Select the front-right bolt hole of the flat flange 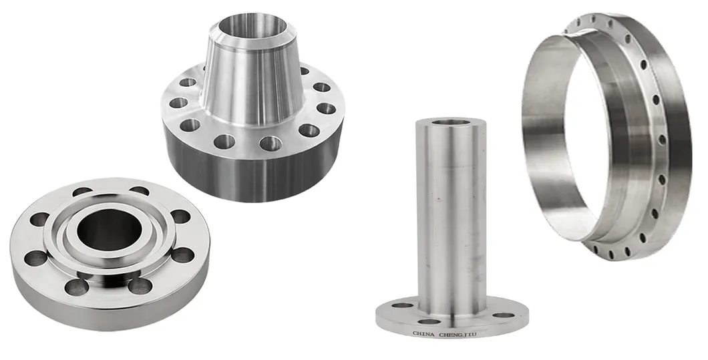141,286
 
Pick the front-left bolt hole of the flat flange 77,287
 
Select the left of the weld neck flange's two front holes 224,141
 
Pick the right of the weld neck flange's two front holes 271,142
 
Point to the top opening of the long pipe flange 448,122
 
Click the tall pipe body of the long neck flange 448,214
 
